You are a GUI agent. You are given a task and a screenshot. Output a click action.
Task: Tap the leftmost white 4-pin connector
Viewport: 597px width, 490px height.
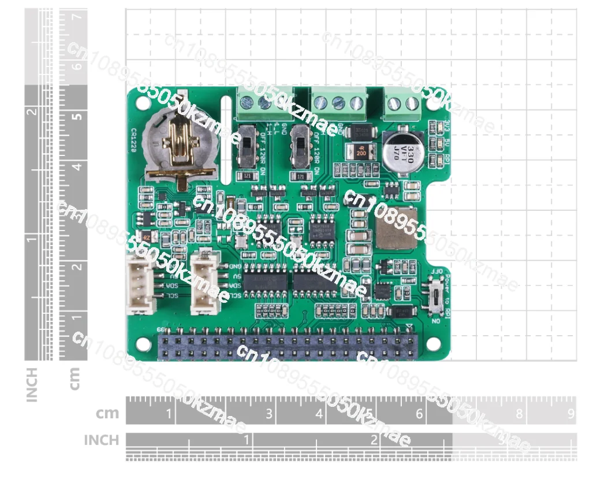click(140, 284)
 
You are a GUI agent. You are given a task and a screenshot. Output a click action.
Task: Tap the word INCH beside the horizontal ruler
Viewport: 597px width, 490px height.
click(101, 440)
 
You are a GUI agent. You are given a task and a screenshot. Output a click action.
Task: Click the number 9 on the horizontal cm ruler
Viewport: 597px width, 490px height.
click(570, 414)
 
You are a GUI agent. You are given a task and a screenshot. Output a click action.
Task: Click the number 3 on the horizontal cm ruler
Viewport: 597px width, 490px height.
click(269, 414)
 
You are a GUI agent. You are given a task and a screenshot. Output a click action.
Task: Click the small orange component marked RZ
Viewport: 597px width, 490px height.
click(147, 237)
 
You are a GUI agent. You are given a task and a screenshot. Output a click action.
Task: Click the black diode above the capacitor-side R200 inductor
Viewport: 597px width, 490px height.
click(363, 132)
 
